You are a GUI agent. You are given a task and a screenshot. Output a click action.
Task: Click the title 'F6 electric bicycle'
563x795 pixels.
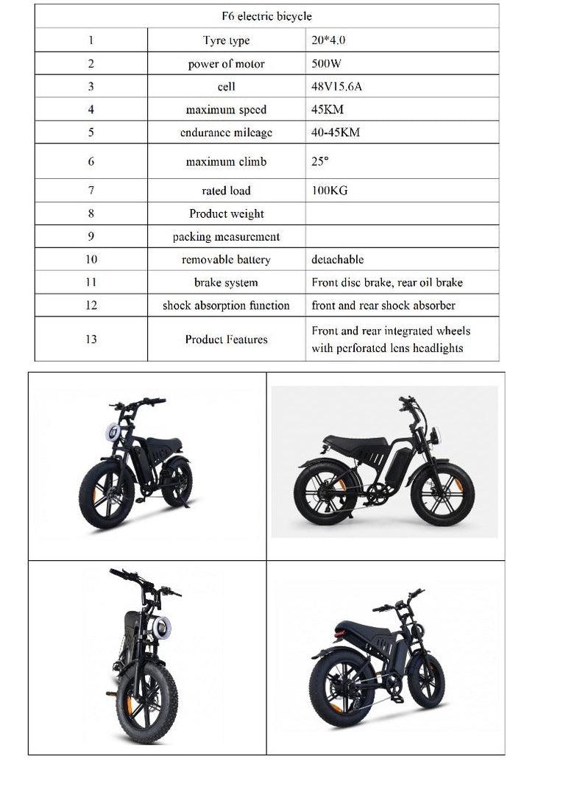coord(266,16)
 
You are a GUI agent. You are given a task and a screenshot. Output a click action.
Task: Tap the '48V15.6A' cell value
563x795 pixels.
coord(336,87)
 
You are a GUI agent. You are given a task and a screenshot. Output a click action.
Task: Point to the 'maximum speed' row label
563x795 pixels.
coord(226,110)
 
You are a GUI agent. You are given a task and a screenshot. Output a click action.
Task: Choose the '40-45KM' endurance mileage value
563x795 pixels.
coord(336,132)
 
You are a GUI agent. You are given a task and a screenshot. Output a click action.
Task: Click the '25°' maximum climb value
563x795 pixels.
coord(319,161)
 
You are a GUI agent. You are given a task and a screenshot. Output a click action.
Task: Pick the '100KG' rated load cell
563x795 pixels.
coord(329,191)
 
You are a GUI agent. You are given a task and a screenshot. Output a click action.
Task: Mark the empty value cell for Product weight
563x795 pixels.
coord(401,213)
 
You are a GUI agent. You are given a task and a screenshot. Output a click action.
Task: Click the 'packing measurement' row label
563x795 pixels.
coord(226,237)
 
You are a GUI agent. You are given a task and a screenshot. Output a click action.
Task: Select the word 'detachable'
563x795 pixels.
coord(337,260)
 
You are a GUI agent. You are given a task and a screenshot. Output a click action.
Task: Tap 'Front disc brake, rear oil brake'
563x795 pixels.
coord(387,283)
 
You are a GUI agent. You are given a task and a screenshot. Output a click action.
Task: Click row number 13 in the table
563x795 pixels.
coord(91,339)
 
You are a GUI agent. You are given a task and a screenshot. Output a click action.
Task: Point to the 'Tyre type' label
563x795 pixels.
coord(226,40)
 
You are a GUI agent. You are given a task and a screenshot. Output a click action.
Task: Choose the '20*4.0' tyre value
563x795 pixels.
coord(328,40)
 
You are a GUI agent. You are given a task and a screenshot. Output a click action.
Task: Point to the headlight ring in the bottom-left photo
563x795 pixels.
coord(161,628)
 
